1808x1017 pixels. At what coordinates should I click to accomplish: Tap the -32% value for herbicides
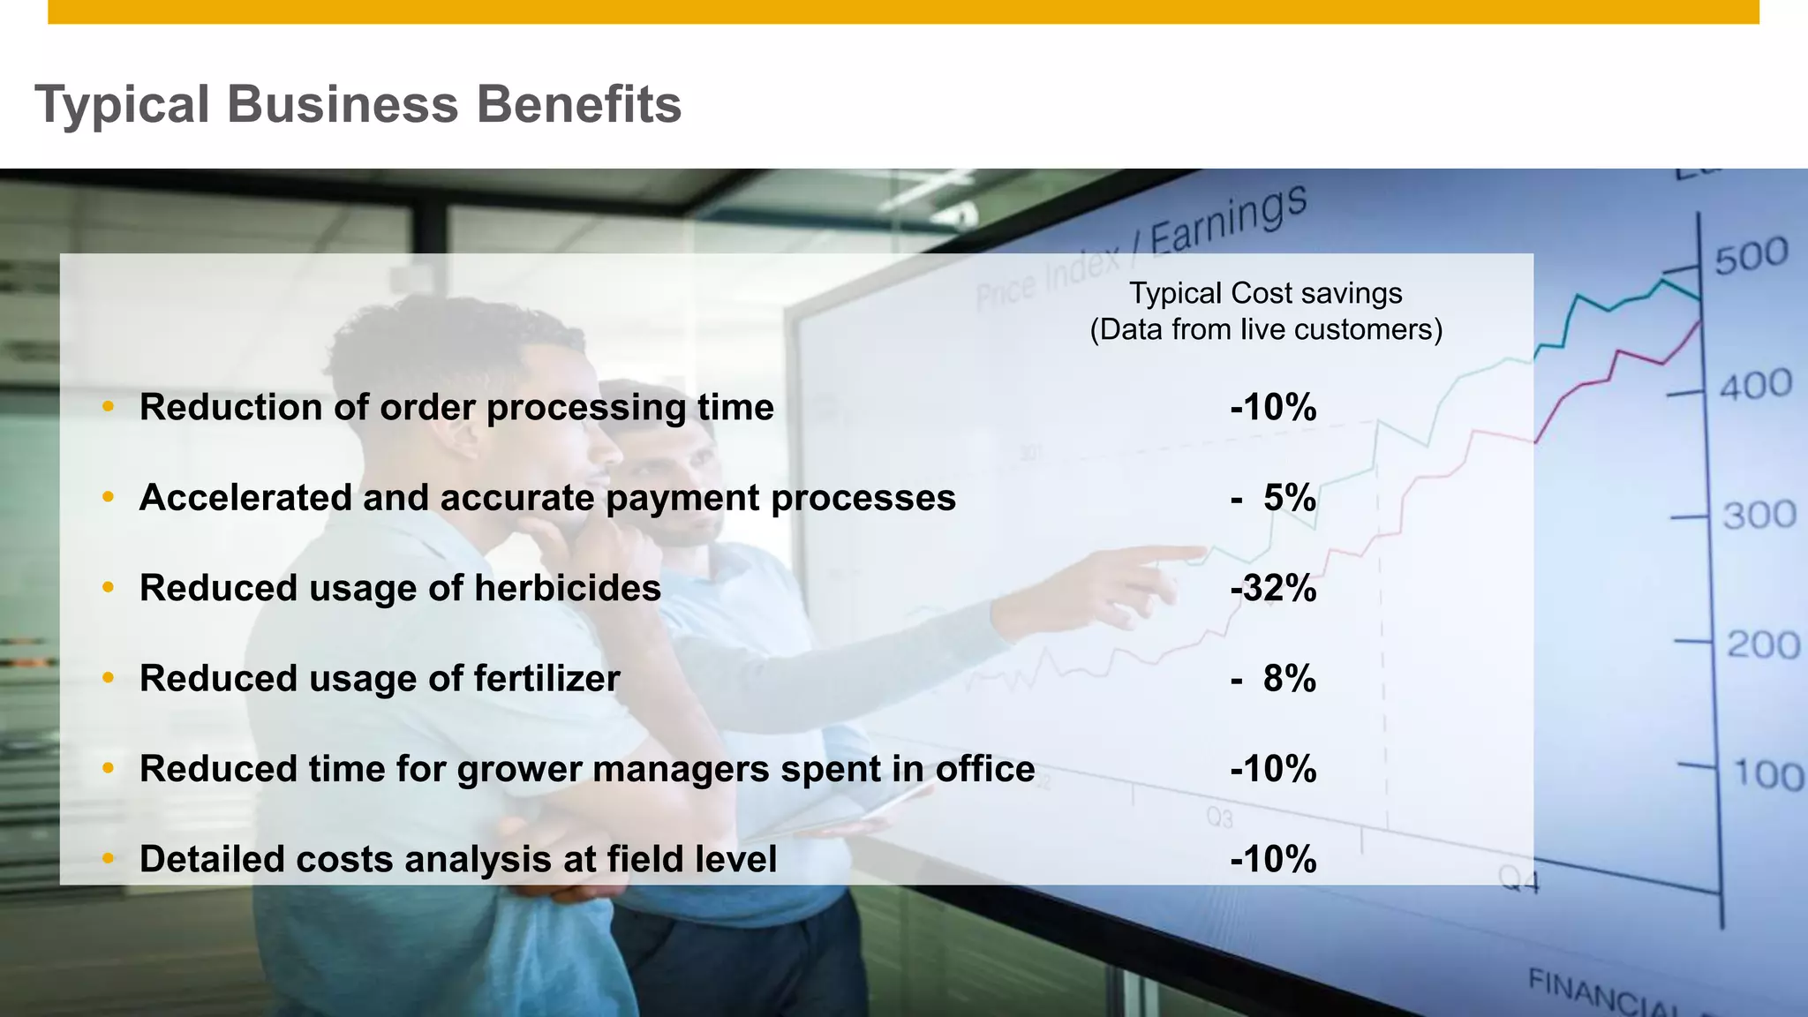point(1273,588)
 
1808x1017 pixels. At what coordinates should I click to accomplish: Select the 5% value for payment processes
point(1289,498)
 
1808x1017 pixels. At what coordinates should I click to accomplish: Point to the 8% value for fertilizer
point(1289,679)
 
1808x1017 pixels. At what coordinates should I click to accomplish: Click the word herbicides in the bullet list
point(568,588)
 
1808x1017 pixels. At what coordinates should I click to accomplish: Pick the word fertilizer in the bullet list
point(546,679)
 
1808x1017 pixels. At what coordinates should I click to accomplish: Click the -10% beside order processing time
point(1273,408)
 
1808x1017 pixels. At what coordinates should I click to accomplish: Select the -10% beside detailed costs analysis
point(1273,860)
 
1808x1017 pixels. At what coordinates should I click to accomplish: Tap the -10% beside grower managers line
point(1273,769)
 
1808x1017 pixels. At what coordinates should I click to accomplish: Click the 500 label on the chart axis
point(1751,257)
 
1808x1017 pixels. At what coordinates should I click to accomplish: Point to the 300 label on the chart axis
point(1759,515)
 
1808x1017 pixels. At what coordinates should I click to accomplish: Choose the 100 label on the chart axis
point(1768,774)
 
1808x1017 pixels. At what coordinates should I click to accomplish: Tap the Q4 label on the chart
point(1518,879)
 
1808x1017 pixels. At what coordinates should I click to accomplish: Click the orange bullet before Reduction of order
point(108,407)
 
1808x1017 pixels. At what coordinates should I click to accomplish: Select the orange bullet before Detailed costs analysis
point(108,859)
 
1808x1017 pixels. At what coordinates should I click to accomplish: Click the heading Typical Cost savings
point(1266,293)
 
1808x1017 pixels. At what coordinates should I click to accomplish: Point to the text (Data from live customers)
point(1266,330)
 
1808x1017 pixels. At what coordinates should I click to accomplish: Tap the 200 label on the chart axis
point(1763,644)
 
